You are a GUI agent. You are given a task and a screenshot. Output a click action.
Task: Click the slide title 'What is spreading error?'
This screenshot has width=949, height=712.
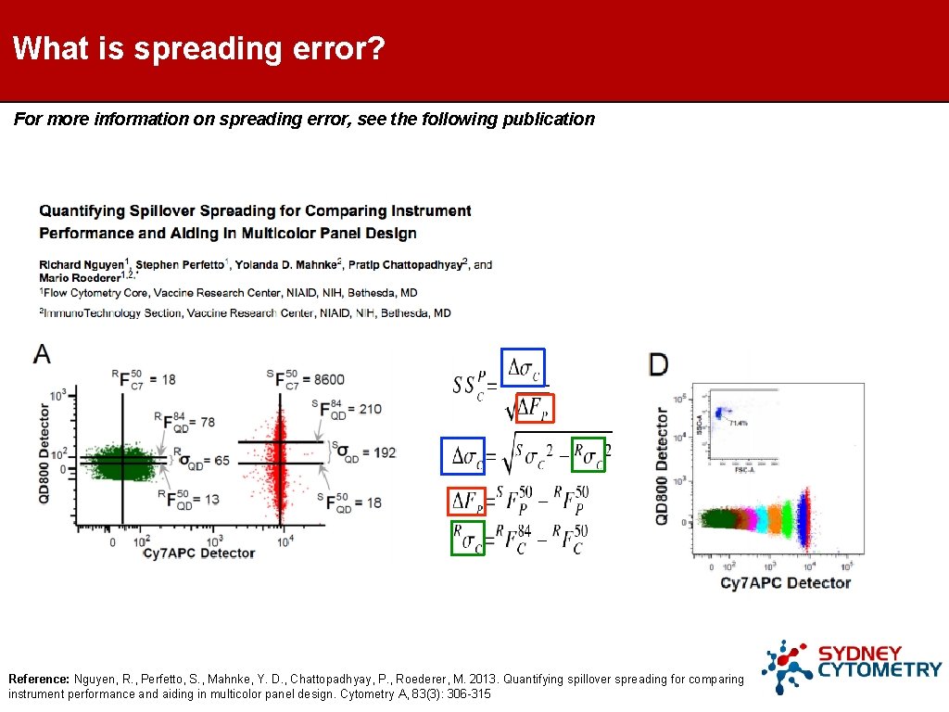(x=198, y=48)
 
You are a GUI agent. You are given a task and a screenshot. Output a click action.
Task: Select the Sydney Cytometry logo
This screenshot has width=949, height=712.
(x=851, y=667)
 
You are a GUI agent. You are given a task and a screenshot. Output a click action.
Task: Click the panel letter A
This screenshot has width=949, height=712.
(x=43, y=353)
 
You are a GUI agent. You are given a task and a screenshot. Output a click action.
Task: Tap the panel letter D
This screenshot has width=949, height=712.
(x=657, y=364)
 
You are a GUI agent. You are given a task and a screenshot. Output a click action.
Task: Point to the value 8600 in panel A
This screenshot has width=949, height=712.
(x=329, y=379)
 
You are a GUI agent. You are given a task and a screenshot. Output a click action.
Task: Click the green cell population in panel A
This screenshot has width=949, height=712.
(x=121, y=460)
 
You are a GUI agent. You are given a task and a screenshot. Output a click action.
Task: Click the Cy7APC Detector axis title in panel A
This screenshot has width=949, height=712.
(x=198, y=553)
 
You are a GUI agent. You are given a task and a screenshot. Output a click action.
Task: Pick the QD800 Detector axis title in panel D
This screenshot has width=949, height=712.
(x=662, y=466)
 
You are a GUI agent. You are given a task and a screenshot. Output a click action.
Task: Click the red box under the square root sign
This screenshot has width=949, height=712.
(x=532, y=408)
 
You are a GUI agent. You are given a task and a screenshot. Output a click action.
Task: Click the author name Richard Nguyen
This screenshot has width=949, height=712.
(x=82, y=265)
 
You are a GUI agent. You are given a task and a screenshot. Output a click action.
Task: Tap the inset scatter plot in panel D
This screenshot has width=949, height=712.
(x=741, y=426)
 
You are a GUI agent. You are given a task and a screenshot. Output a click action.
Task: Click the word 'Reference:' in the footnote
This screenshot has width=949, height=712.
(x=39, y=679)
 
